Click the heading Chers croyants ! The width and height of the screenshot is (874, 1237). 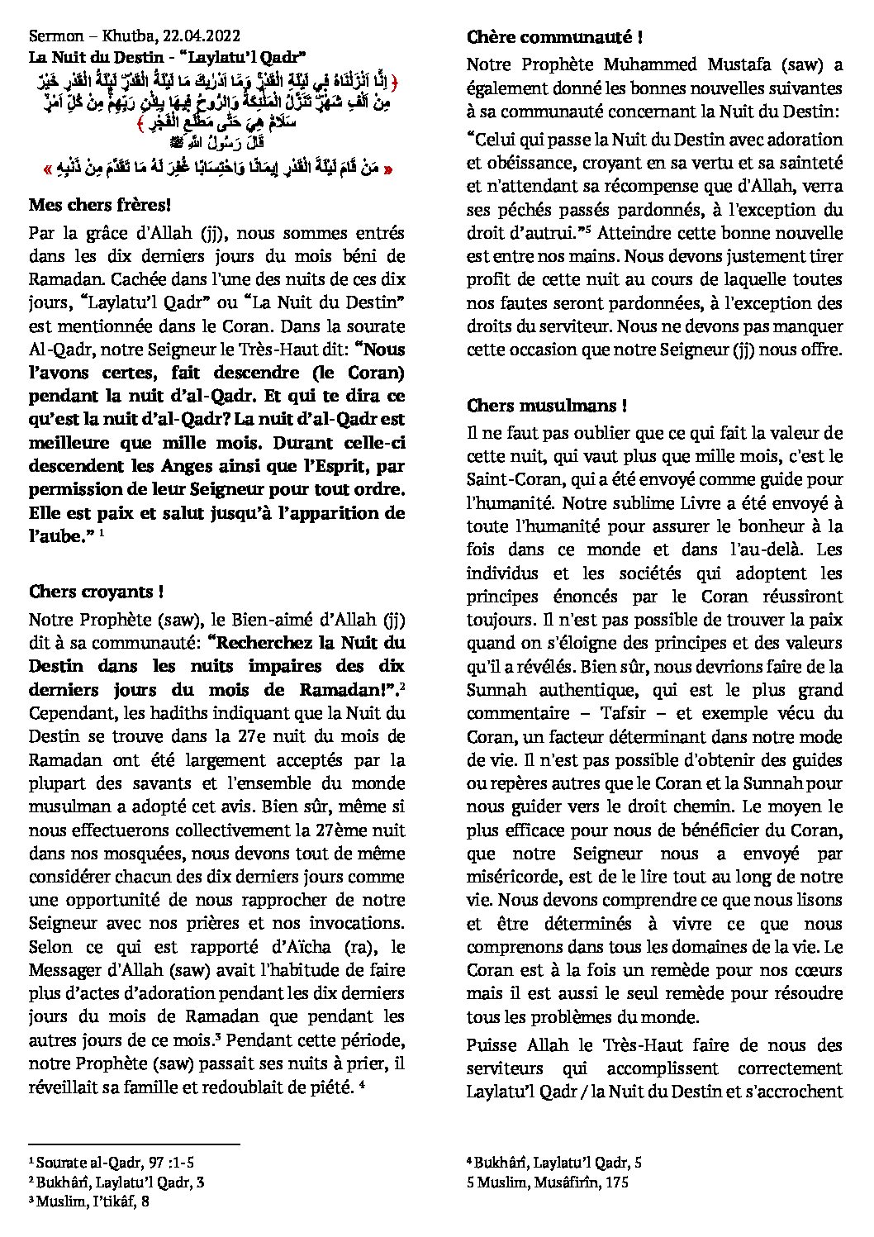[96, 592]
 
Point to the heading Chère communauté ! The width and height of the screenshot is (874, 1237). [554, 37]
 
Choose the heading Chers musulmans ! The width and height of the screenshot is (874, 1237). [546, 406]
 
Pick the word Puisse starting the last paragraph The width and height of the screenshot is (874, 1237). [493, 1045]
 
